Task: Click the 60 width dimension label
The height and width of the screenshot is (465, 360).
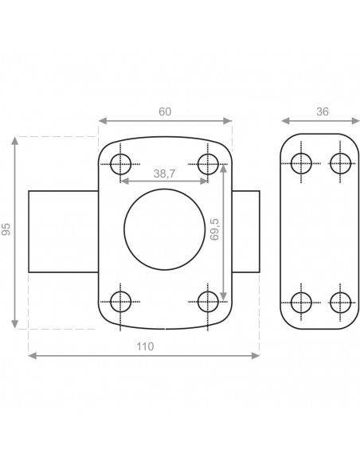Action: click(x=165, y=111)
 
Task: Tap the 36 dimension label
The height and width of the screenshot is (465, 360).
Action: click(x=323, y=111)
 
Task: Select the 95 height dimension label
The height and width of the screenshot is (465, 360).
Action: click(x=6, y=229)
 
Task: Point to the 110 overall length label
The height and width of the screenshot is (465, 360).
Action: click(x=145, y=346)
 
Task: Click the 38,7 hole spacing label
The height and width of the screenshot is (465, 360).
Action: click(x=164, y=174)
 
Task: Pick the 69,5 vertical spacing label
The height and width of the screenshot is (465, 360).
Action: click(x=214, y=229)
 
